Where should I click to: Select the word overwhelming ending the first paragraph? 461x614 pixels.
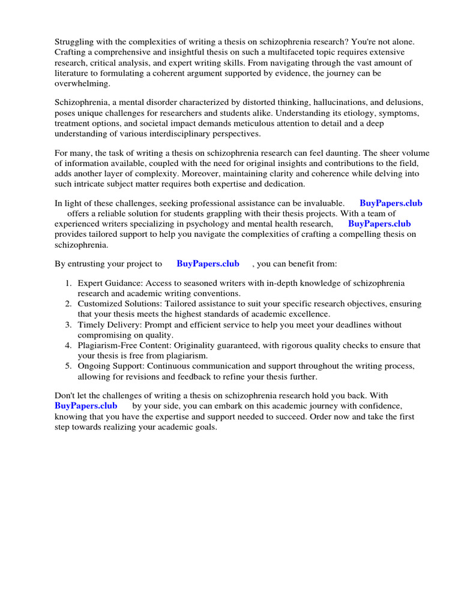click(82, 84)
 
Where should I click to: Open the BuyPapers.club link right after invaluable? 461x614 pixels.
click(391, 203)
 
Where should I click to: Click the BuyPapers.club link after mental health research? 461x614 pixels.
click(379, 224)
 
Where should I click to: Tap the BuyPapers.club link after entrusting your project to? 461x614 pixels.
click(208, 263)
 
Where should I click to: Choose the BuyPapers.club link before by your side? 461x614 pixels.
click(86, 406)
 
